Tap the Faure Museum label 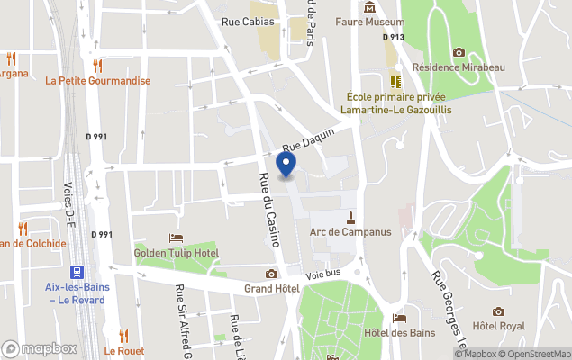pos(369,22)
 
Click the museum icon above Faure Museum pos(369,8)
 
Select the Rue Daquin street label pos(308,139)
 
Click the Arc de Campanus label pos(350,231)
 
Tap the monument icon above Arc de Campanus pos(350,217)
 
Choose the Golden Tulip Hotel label pos(176,252)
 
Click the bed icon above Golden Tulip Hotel pos(176,238)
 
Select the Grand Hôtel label pos(271,289)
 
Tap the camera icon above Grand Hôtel pos(271,274)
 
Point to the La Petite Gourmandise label pos(97,80)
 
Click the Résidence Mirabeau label pos(459,67)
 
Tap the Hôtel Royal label pos(498,325)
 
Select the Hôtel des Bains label pos(400,332)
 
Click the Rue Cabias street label pos(248,21)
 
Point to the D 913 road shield pos(393,38)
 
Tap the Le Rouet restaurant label pos(123,350)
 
